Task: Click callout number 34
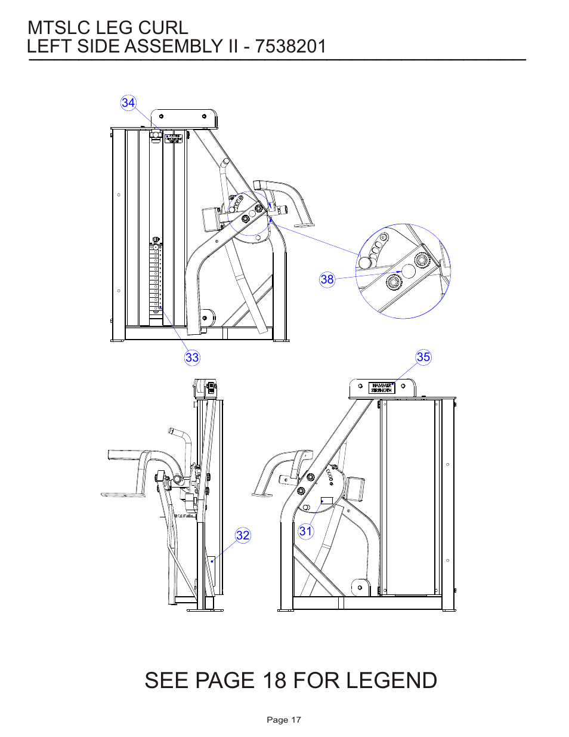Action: (128, 103)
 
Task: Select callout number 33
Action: (192, 357)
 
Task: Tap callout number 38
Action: (327, 279)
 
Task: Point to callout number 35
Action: (423, 357)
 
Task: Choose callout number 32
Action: (243, 535)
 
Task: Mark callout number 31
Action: (306, 531)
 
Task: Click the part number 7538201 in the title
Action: (290, 47)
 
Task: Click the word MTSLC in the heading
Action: (58, 27)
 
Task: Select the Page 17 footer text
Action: (284, 720)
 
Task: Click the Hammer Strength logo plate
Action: (382, 388)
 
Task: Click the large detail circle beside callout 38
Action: (403, 271)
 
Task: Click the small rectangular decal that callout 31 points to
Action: (327, 500)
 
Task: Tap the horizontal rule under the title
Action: (277, 60)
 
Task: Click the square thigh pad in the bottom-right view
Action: (355, 489)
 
